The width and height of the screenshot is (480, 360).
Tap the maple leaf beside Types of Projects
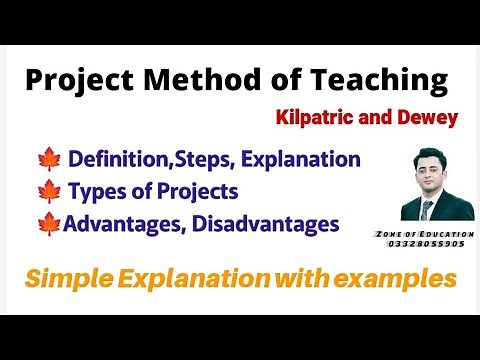pos(49,191)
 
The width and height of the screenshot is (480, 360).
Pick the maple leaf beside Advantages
pos(49,223)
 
